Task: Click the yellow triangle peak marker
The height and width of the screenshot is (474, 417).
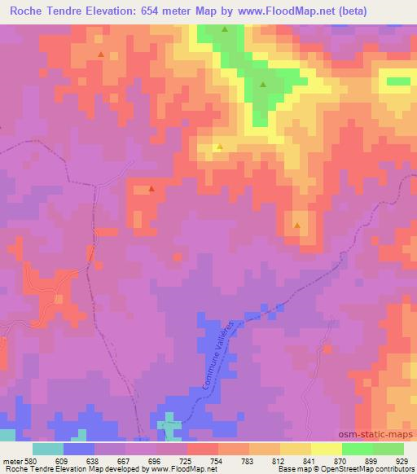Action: pos(218,147)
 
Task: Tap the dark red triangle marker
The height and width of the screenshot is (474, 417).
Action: pos(151,189)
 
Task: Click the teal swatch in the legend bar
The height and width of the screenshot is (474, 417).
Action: pos(48,449)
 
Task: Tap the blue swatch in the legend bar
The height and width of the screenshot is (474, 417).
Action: pos(79,449)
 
